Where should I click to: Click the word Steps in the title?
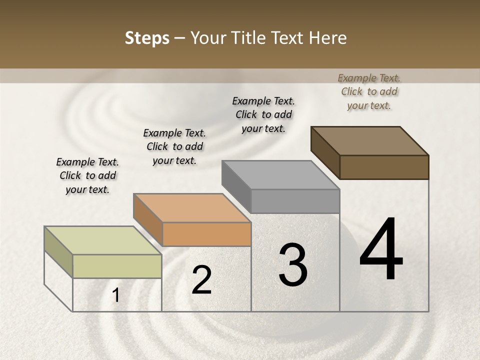[147, 38]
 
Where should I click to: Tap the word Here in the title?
[328, 38]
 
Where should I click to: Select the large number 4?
[381, 250]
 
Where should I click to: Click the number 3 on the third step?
[293, 265]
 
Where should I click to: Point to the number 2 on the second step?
[201, 280]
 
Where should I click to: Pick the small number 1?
[116, 295]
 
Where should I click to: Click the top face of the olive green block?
[102, 240]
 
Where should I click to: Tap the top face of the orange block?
[191, 207]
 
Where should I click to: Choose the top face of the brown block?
[369, 140]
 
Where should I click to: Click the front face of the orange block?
[206, 234]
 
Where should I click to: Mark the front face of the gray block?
[295, 201]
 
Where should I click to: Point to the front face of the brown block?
[384, 167]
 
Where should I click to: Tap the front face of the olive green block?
[117, 266]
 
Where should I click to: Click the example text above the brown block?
[369, 91]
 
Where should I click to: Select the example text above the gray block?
[263, 114]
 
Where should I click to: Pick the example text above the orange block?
[174, 146]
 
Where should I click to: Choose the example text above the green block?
[87, 175]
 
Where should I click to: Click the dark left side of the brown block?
[325, 152]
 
